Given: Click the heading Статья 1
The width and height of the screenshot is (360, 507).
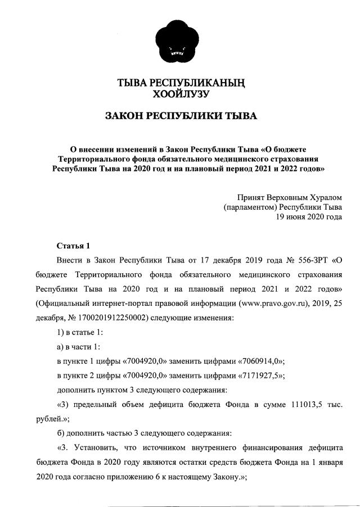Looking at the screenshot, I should click(x=74, y=246).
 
